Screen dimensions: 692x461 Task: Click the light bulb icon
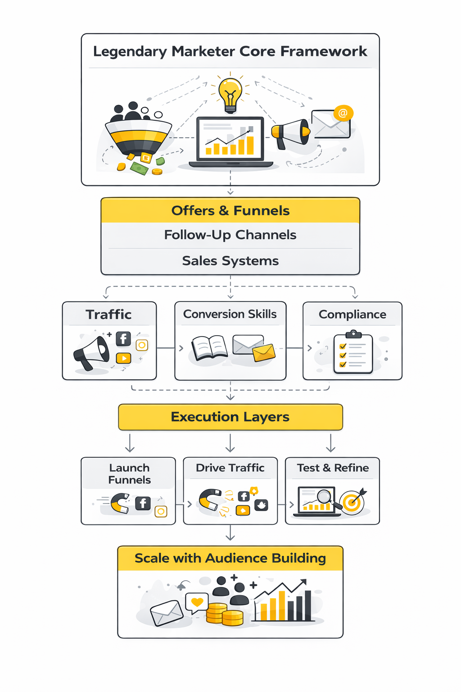(230, 94)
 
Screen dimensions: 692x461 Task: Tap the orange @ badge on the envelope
(343, 113)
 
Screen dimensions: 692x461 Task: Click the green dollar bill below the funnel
(140, 168)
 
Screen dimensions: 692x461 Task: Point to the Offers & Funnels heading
(230, 210)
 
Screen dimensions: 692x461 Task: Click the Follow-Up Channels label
(230, 235)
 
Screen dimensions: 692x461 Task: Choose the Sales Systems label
(230, 261)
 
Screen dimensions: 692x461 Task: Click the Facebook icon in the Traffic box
(123, 339)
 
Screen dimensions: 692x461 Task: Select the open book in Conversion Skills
(209, 348)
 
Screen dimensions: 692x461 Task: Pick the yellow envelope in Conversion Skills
(264, 353)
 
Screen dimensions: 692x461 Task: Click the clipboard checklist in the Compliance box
(353, 354)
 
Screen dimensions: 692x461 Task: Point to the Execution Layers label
(230, 417)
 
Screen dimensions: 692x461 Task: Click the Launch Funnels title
(129, 473)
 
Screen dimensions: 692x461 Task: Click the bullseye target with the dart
(352, 501)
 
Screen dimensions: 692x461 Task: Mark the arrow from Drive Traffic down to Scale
(230, 533)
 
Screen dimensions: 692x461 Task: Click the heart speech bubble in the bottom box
(197, 602)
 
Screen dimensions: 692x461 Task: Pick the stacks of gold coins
(225, 614)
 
